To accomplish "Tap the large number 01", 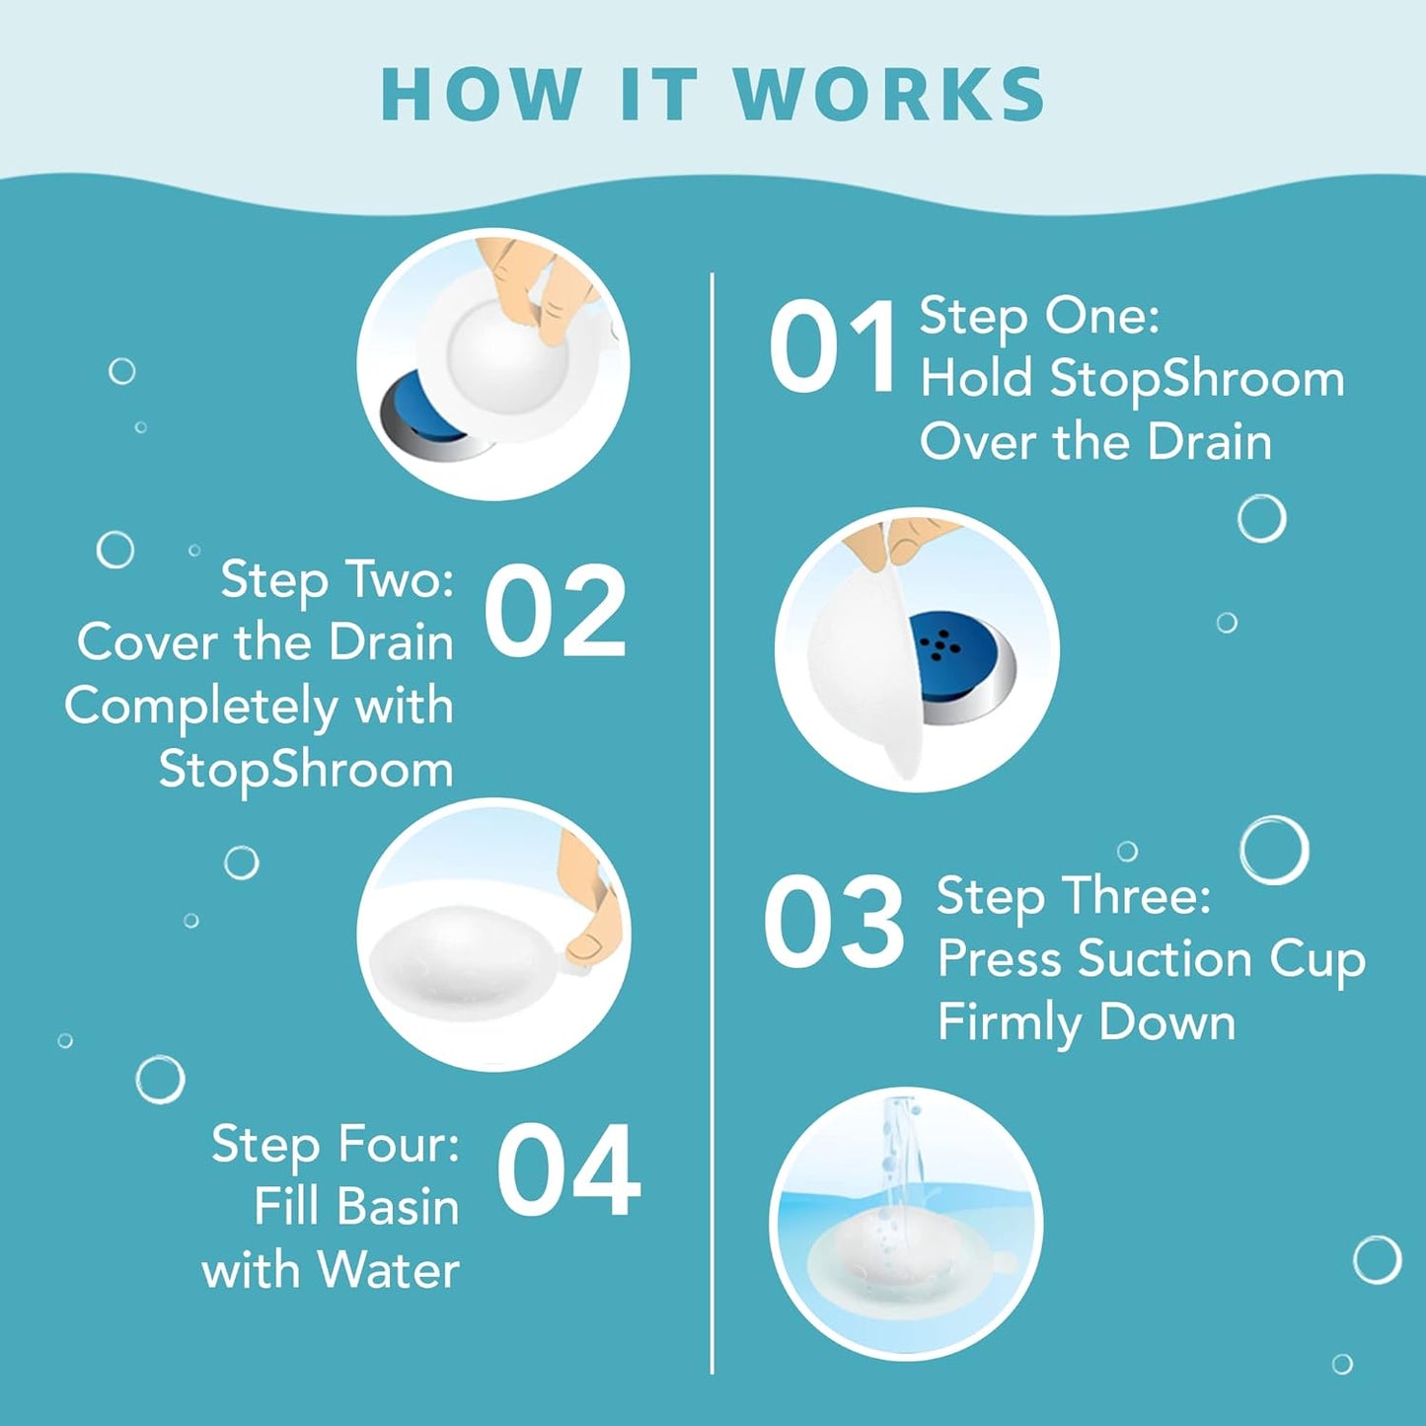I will tap(833, 347).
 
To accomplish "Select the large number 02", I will tap(555, 613).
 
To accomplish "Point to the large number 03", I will tap(834, 924).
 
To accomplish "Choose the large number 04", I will tap(568, 1172).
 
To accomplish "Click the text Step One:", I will tap(1039, 317).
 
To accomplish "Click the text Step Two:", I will tap(337, 579).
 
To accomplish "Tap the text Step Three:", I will tap(1074, 896).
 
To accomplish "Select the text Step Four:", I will tap(336, 1145).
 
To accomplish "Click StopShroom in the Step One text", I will tap(1196, 380).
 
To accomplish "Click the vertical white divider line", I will tap(712, 819).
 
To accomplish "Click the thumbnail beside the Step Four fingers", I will tap(585, 945).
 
